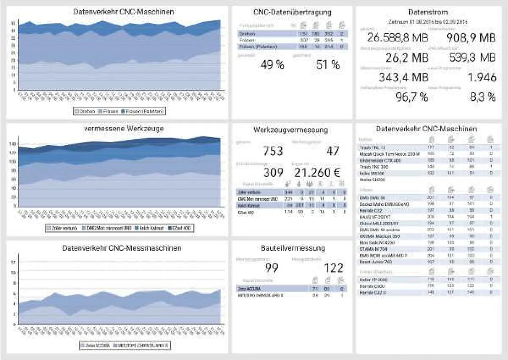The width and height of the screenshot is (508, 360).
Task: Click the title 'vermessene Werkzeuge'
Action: [x=124, y=128]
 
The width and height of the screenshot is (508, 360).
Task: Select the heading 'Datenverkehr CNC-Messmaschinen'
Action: [x=121, y=248]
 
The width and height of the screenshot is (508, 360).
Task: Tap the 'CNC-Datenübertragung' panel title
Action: [x=292, y=12]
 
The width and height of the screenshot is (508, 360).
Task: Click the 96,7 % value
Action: [x=411, y=97]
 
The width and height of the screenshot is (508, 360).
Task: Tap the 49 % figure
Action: [x=271, y=65]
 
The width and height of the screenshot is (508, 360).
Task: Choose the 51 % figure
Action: [x=328, y=65]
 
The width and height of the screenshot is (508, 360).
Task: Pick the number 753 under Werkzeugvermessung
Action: [x=273, y=151]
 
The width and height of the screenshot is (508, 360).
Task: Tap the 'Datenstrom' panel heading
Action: [x=428, y=12]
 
